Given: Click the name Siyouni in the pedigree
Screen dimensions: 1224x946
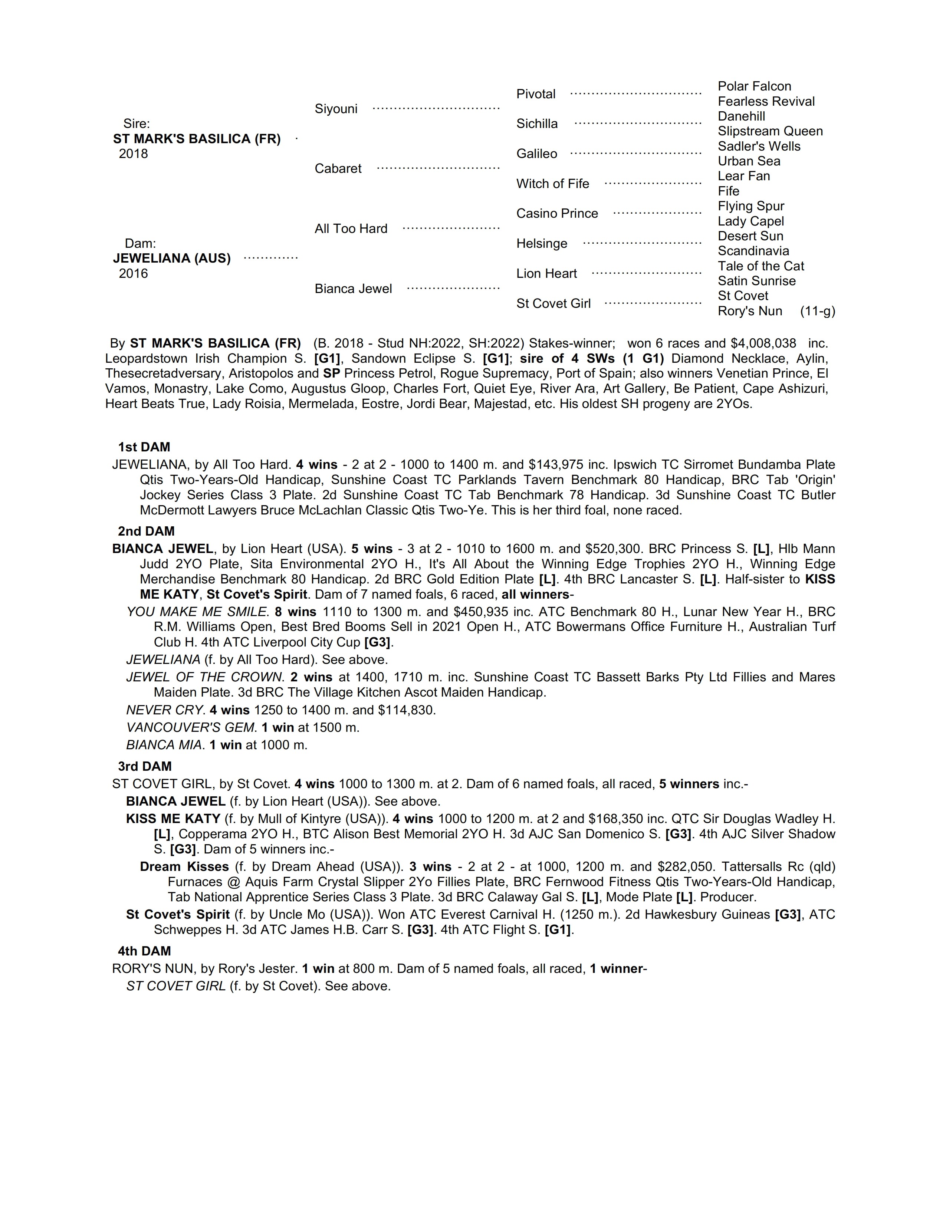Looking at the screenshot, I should [x=336, y=109].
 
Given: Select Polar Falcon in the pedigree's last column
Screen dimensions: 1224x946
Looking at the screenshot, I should [x=754, y=86].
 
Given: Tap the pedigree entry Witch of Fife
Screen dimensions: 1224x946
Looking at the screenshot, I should [x=553, y=184].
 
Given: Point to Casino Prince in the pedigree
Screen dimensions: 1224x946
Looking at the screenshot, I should [x=557, y=214].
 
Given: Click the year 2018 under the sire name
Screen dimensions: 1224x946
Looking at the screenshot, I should [x=134, y=154].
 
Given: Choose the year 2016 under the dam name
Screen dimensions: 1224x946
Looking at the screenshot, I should [x=134, y=273].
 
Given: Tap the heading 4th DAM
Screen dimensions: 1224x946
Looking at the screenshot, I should [x=144, y=951].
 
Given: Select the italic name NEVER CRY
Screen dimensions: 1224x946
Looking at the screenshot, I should [x=164, y=710].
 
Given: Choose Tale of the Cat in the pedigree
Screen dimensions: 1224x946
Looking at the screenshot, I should [x=761, y=266].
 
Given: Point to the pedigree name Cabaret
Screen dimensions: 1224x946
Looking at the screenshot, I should [x=338, y=169].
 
